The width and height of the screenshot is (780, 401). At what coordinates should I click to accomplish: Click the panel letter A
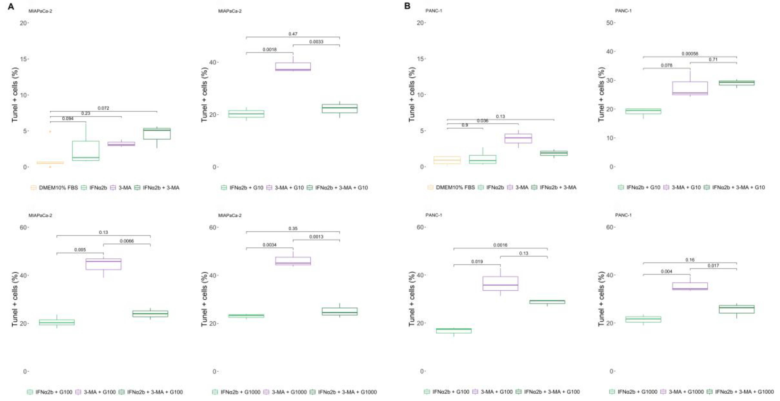click(x=11, y=6)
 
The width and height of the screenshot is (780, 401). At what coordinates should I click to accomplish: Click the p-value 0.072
click(x=103, y=108)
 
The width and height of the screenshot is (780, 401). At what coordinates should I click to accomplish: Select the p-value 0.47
click(x=293, y=34)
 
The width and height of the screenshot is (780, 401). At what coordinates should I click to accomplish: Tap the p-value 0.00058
click(x=690, y=54)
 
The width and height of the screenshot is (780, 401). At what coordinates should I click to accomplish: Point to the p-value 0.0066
click(x=126, y=241)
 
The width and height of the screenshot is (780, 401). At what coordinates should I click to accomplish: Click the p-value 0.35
click(x=293, y=229)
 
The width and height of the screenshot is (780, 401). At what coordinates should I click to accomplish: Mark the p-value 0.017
click(x=713, y=266)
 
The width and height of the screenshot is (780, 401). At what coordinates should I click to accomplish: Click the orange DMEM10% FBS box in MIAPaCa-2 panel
click(x=50, y=163)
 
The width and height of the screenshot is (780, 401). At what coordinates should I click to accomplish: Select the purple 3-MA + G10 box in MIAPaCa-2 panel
click(x=293, y=67)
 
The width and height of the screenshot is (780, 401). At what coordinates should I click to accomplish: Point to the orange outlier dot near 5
click(x=50, y=132)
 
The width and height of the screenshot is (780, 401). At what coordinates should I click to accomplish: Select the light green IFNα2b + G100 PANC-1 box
click(x=454, y=331)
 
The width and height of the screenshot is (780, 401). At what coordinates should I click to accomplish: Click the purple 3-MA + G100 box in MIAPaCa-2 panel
click(x=103, y=264)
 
